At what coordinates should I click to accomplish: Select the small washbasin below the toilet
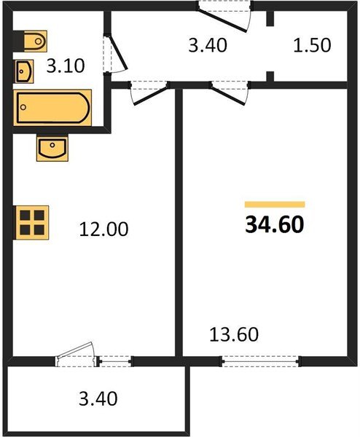pos(24,71)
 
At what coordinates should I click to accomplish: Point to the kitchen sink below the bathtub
pos(52,149)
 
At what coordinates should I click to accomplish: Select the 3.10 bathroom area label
pos(66,68)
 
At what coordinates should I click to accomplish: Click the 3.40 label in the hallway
pos(208,45)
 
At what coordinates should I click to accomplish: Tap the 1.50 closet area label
pos(311,45)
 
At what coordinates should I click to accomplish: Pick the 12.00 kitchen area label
pos(103,229)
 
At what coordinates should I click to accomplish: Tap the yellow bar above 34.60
pos(275,205)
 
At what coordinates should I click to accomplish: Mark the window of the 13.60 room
pos(261,359)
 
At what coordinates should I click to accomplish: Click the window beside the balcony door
pos(114,359)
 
